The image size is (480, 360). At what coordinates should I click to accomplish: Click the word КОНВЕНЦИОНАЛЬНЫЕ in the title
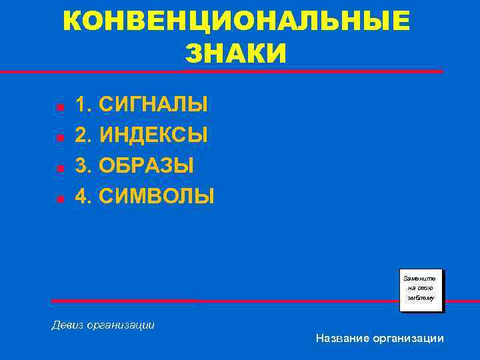click(237, 22)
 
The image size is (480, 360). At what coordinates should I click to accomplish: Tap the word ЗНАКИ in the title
click(235, 53)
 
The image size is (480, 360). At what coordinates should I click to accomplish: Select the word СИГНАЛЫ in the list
click(153, 105)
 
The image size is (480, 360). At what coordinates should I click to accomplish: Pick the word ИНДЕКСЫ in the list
click(153, 135)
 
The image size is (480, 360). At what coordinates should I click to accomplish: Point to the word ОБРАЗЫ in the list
click(147, 165)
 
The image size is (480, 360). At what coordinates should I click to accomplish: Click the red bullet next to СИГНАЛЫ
click(59, 107)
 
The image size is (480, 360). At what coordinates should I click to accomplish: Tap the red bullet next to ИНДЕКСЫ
click(59, 137)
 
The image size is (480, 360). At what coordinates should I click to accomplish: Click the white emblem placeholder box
click(420, 290)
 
